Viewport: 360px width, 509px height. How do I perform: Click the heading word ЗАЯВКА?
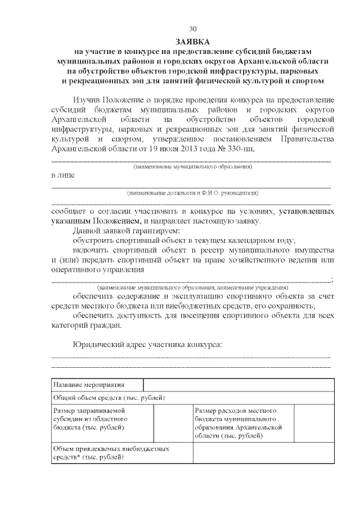point(193,42)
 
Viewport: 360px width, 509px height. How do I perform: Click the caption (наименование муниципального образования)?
point(192,167)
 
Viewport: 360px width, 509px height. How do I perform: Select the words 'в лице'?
point(62,175)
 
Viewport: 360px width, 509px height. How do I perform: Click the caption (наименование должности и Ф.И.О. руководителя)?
point(192,192)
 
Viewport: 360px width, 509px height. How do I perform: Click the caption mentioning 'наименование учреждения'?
point(192,287)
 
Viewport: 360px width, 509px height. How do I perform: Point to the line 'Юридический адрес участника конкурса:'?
point(147,344)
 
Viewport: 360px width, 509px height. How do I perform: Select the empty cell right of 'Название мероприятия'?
point(238,385)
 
